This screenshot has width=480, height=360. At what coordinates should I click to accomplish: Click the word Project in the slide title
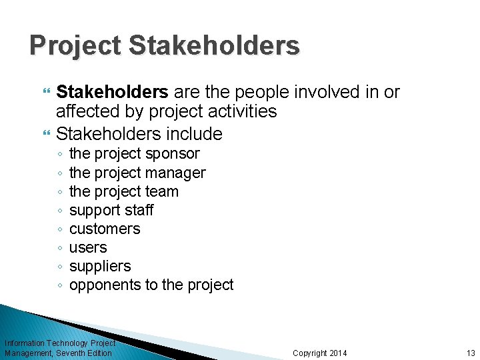pyautogui.click(x=74, y=46)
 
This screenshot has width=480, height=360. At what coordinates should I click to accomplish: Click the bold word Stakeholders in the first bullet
pyautogui.click(x=111, y=92)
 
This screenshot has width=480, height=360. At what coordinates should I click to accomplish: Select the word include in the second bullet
pyautogui.click(x=195, y=133)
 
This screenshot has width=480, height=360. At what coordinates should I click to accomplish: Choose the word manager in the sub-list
pyautogui.click(x=176, y=173)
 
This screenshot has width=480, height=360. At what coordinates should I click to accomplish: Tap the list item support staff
pyautogui.click(x=111, y=210)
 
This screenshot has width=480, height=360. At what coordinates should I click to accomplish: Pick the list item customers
pyautogui.click(x=105, y=229)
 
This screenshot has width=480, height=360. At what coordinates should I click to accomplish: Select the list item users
pyautogui.click(x=88, y=247)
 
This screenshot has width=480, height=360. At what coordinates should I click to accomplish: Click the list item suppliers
pyautogui.click(x=100, y=266)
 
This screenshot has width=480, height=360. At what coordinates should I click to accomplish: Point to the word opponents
pyautogui.click(x=101, y=285)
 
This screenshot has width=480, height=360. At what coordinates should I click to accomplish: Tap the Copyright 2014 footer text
pyautogui.click(x=320, y=353)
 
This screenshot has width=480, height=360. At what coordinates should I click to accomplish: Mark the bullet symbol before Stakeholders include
pyautogui.click(x=46, y=134)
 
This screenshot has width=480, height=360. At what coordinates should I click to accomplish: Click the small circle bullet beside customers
pyautogui.click(x=60, y=229)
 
